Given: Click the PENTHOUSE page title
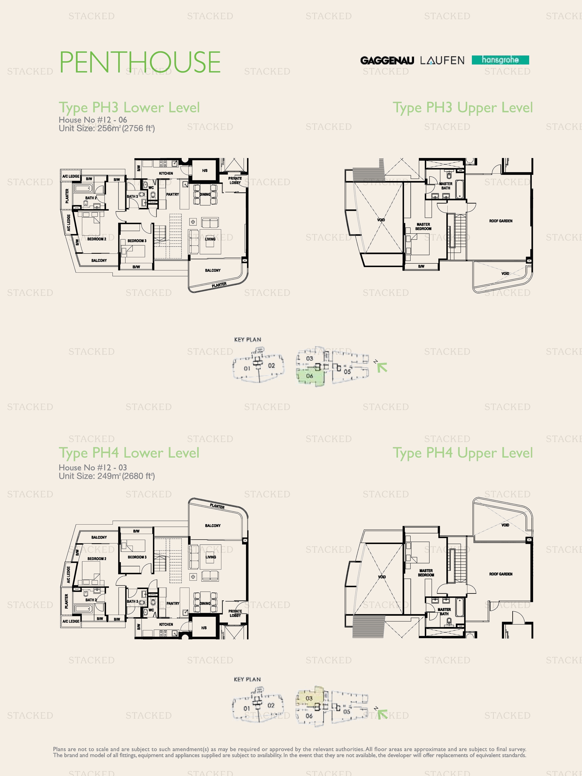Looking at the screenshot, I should (x=140, y=62).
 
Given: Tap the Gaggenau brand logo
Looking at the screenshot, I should (x=387, y=60).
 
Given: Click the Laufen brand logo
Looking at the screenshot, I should (x=442, y=60).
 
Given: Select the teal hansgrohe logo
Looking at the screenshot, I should (x=500, y=60).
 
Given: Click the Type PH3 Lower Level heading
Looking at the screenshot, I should (x=129, y=107).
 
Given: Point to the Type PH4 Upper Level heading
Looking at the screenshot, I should (x=462, y=453).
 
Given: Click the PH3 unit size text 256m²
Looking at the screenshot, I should (x=107, y=128).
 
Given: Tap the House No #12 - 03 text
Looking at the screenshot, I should (x=93, y=467).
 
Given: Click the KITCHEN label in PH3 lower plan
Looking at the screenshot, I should (x=166, y=173).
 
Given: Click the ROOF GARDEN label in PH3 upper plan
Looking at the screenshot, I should (x=501, y=221).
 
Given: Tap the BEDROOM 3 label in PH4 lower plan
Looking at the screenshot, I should (x=137, y=557).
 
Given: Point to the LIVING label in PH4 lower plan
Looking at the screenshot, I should (x=210, y=557).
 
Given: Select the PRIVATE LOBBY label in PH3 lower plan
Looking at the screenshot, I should (x=235, y=180).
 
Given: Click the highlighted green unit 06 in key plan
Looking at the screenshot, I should (x=309, y=376).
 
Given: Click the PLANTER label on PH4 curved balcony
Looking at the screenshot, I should (x=217, y=506).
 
